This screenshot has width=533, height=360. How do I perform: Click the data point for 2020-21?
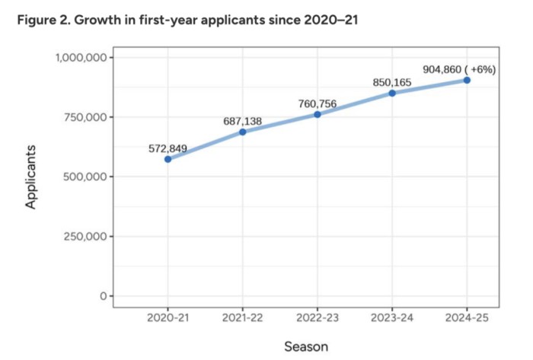coord(168,159)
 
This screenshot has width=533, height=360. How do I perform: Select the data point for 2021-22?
coord(242,132)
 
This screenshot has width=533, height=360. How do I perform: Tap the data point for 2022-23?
coord(317,114)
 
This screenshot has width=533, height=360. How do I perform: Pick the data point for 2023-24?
coord(392,93)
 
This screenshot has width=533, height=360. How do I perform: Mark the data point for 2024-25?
coord(467,80)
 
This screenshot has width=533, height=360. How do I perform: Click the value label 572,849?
coord(168,148)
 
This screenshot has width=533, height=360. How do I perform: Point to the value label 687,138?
coord(242,121)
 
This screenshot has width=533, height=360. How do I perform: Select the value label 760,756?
coord(317,104)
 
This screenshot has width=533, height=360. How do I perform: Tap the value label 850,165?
coord(392,82)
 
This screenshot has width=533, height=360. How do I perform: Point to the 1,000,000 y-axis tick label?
coord(80,58)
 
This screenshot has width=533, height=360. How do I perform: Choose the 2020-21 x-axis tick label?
coord(168,317)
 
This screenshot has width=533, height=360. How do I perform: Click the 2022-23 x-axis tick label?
coord(317,317)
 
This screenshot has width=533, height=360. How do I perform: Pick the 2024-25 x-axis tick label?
coord(467,317)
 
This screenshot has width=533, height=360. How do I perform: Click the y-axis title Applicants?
coord(32,177)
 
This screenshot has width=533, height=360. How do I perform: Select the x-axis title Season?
coord(306,346)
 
